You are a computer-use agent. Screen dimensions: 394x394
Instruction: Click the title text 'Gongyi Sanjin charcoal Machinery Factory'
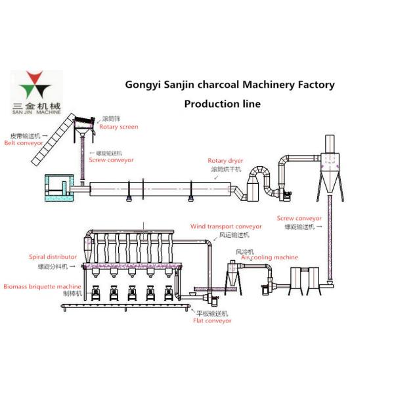pos(230,85)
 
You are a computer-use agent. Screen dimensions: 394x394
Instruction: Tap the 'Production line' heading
pos(222,104)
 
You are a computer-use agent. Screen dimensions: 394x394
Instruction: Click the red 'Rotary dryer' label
pos(225,160)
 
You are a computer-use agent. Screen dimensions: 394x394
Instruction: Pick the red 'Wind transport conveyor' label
pos(226,226)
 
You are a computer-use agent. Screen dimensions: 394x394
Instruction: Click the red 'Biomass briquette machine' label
pos(42,286)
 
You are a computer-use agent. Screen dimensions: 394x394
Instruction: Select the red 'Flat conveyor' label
pos(212,321)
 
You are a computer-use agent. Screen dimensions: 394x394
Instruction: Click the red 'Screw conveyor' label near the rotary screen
pos(111,160)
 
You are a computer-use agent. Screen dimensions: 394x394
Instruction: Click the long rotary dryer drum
pos(161,189)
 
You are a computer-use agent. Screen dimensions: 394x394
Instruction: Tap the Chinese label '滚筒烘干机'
pos(226,169)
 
